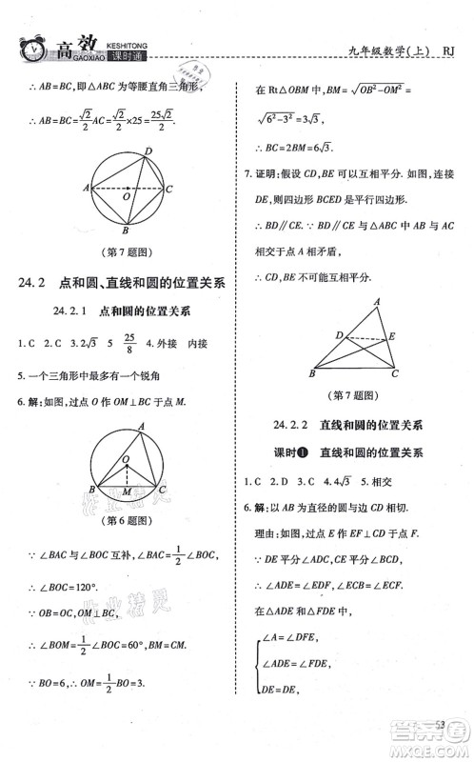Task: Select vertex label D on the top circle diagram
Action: click(147, 151)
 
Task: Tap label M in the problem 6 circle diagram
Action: click(125, 492)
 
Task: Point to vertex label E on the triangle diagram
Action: click(393, 335)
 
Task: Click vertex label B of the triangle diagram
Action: click(311, 374)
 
